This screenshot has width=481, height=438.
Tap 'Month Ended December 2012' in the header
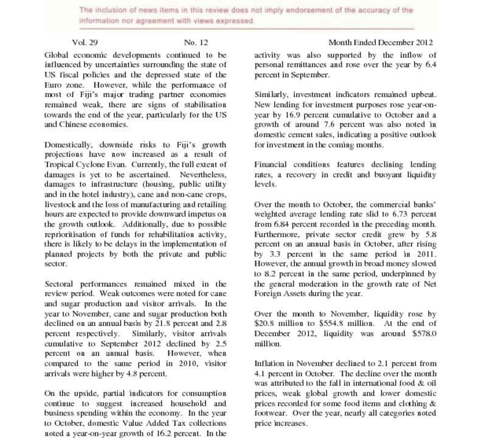(381, 43)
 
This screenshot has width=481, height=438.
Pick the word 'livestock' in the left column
(61, 204)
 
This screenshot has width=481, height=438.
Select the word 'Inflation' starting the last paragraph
(270, 364)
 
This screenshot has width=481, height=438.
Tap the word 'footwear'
(270, 413)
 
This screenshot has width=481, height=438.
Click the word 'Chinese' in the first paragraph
(80, 125)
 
